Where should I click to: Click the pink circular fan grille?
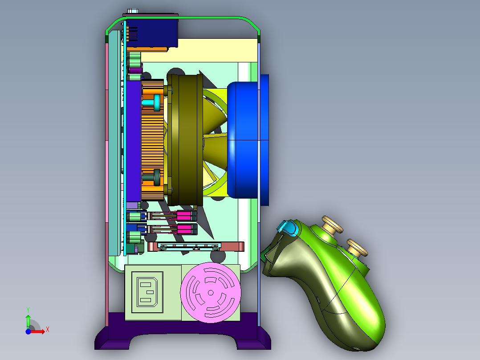click(211, 293)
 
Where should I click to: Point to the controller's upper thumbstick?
click(332, 225)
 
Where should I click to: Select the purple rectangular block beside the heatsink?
click(134, 141)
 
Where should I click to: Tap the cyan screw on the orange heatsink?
click(152, 102)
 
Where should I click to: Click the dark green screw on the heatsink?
click(152, 177)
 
